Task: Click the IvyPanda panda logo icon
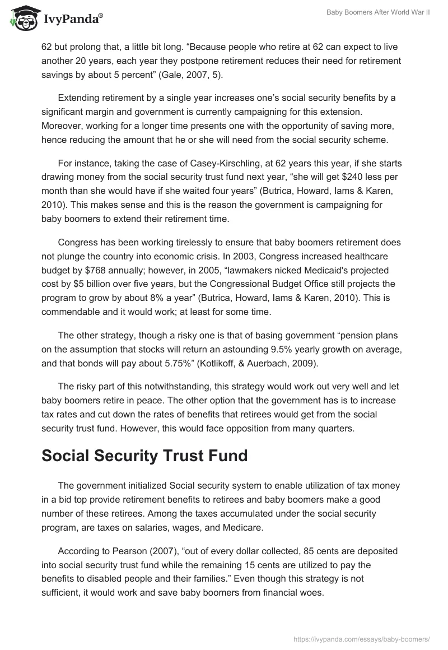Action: [x=21, y=18]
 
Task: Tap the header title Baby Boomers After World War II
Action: [x=378, y=12]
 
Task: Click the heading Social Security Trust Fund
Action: [x=144, y=456]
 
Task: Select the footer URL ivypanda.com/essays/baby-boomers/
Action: [x=361, y=638]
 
